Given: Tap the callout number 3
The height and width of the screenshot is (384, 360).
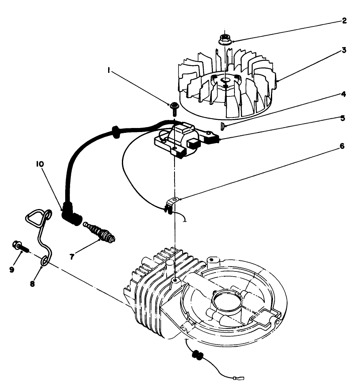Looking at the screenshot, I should point(343,51).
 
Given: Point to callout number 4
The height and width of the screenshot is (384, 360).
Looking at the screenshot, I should point(343,94).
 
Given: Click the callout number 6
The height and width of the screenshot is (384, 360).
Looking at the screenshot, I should point(343,146).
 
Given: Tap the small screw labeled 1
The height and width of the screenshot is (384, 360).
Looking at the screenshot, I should point(174,106).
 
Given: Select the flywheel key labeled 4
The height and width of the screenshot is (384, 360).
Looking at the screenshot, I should point(222,126).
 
